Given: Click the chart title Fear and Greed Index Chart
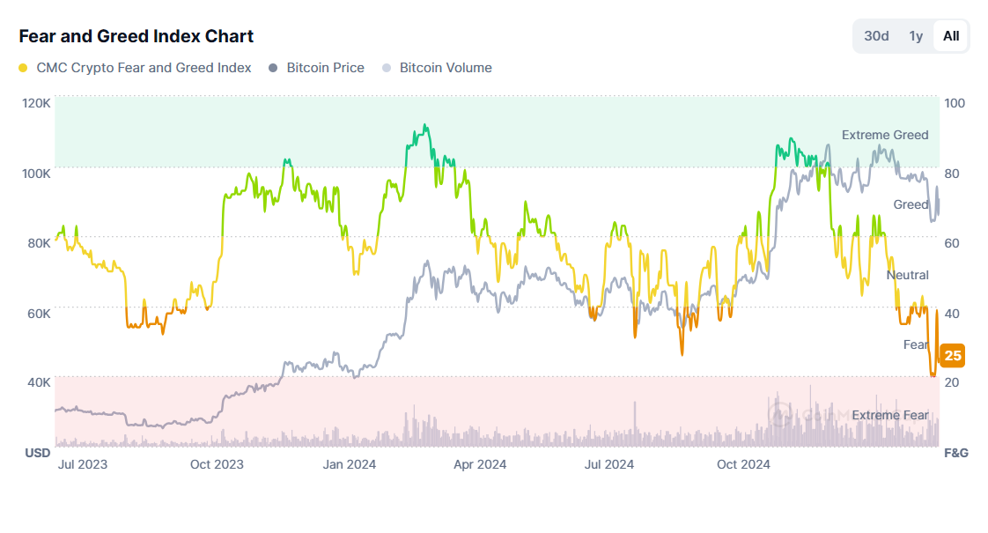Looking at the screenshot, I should pyautogui.click(x=136, y=36).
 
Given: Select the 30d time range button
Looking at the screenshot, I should pyautogui.click(x=876, y=36).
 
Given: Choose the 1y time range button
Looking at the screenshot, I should pyautogui.click(x=916, y=36).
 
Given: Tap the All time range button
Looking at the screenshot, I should pyautogui.click(x=951, y=36).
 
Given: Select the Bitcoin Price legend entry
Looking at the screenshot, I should pyautogui.click(x=325, y=68).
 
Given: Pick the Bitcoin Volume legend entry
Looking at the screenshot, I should pyautogui.click(x=446, y=68).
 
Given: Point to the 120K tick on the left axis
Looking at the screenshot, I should pyautogui.click(x=36, y=103).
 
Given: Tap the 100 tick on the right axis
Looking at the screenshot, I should pyautogui.click(x=955, y=103).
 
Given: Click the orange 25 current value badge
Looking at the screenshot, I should pyautogui.click(x=952, y=356).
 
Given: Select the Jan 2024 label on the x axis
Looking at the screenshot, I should pyautogui.click(x=349, y=464).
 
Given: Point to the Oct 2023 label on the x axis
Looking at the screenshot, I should pyautogui.click(x=217, y=464).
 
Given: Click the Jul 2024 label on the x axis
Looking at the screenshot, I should pyautogui.click(x=609, y=464).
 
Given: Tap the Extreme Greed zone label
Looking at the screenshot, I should pyautogui.click(x=885, y=135).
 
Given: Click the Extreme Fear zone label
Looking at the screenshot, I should pyautogui.click(x=889, y=415).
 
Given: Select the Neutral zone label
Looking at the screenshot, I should pyautogui.click(x=907, y=275).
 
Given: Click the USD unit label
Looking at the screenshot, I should pyautogui.click(x=37, y=453).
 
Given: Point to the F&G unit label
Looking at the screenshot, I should pyautogui.click(x=956, y=453).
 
